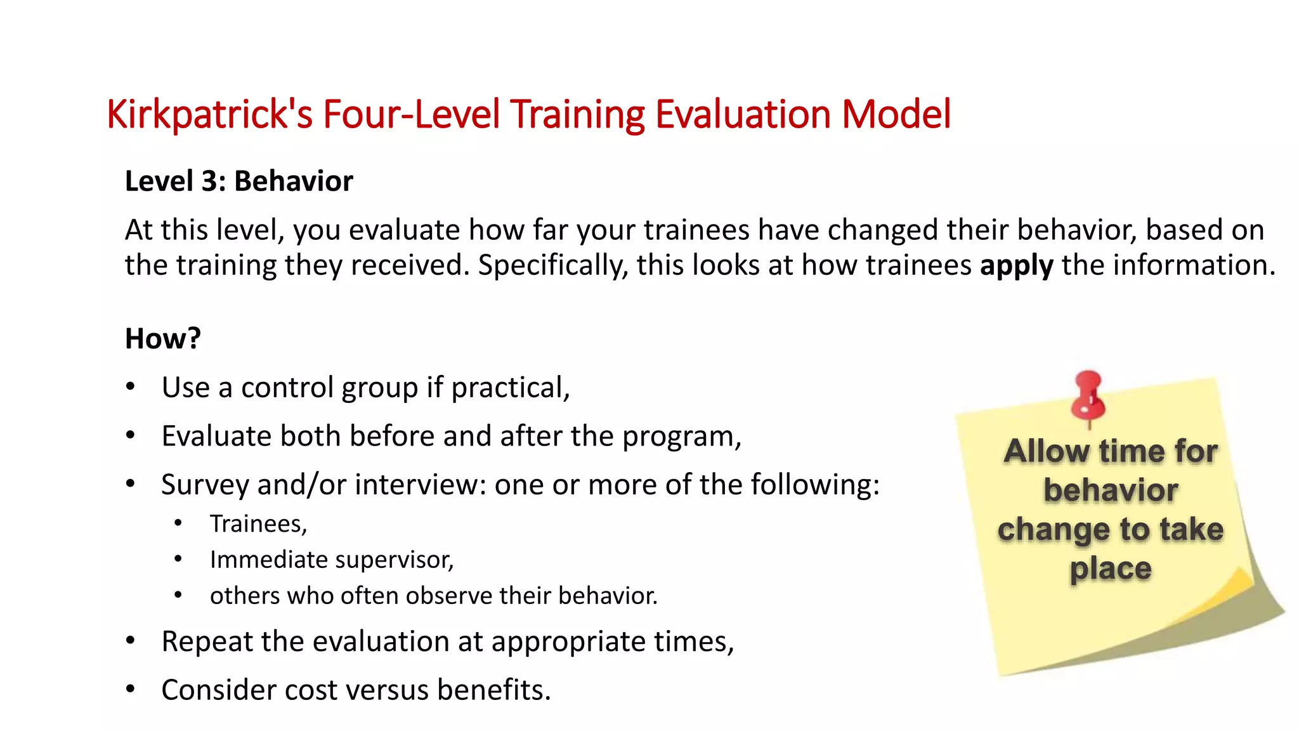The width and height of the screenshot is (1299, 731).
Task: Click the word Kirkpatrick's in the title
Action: point(209,115)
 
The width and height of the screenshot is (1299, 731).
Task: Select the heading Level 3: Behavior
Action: point(238,181)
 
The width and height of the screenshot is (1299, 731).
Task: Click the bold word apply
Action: point(1016,265)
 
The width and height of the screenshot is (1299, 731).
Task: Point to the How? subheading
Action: point(162,338)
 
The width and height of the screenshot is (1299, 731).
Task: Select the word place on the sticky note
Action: point(1110,569)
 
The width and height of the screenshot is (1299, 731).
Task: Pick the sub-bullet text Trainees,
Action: point(258,524)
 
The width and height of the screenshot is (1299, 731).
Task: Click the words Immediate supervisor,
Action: point(332,560)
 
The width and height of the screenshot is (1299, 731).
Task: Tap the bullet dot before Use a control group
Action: point(131,386)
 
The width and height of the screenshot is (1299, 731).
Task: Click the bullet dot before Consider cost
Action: point(131,688)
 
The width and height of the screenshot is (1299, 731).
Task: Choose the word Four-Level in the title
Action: point(412,115)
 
